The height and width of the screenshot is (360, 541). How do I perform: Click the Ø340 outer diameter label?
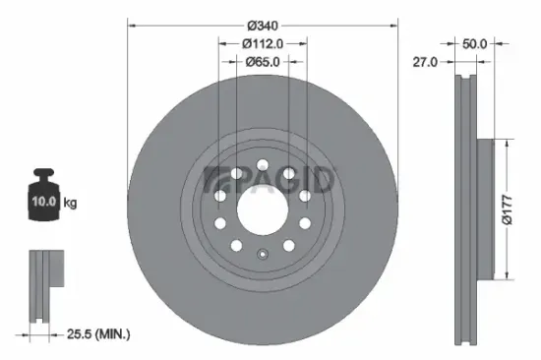pyautogui.click(x=263, y=24)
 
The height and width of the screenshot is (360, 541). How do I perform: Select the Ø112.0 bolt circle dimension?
pyautogui.click(x=263, y=43)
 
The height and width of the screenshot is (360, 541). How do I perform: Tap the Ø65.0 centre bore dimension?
pyautogui.click(x=263, y=62)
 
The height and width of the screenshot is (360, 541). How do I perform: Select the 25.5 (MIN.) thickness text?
pyautogui.click(x=96, y=335)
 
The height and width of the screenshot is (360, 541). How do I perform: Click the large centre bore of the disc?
pyautogui.click(x=262, y=205)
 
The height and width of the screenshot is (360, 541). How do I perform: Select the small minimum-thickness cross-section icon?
pyautogui.click(x=44, y=285)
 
